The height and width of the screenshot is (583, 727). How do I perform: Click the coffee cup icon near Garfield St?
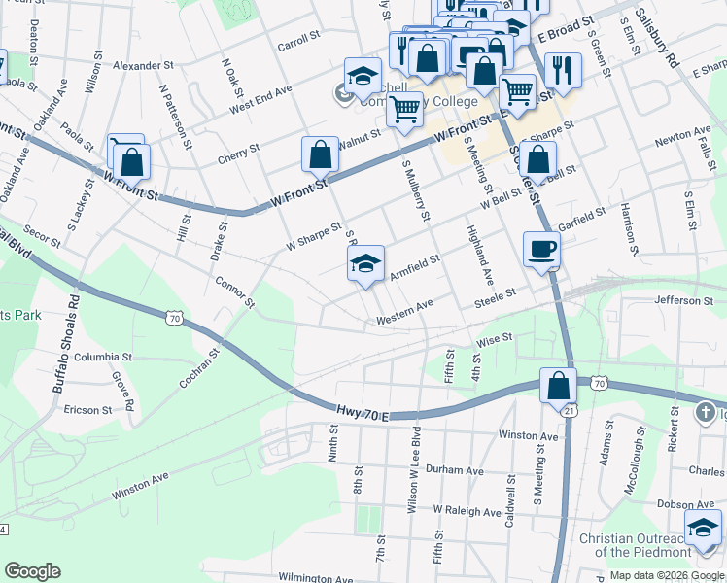pyautogui.click(x=541, y=250)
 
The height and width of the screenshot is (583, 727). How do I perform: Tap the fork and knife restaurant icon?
pyautogui.click(x=563, y=70)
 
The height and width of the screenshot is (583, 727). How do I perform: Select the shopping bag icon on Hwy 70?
pyautogui.click(x=559, y=386)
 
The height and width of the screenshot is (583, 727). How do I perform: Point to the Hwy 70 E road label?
pyautogui.click(x=362, y=415)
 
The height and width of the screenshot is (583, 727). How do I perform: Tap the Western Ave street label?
pyautogui.click(x=404, y=312)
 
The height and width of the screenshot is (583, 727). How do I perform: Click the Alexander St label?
pyautogui.click(x=143, y=66)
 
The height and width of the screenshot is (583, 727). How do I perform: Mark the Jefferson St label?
pyautogui.click(x=684, y=301)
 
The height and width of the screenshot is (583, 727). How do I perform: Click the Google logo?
pyautogui.click(x=32, y=571)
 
